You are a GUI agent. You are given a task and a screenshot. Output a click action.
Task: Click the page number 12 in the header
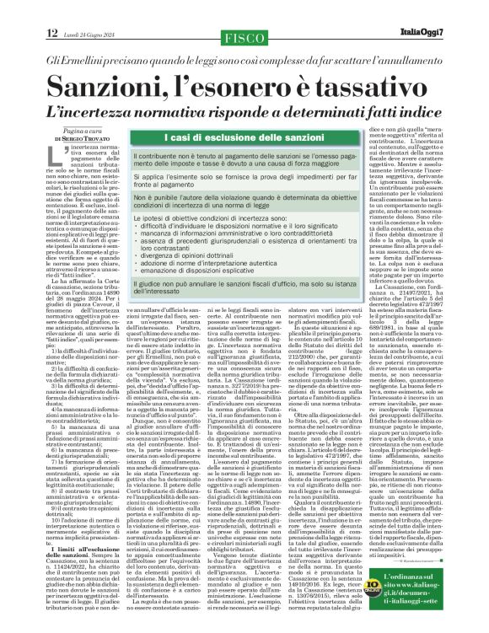(52, 33)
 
